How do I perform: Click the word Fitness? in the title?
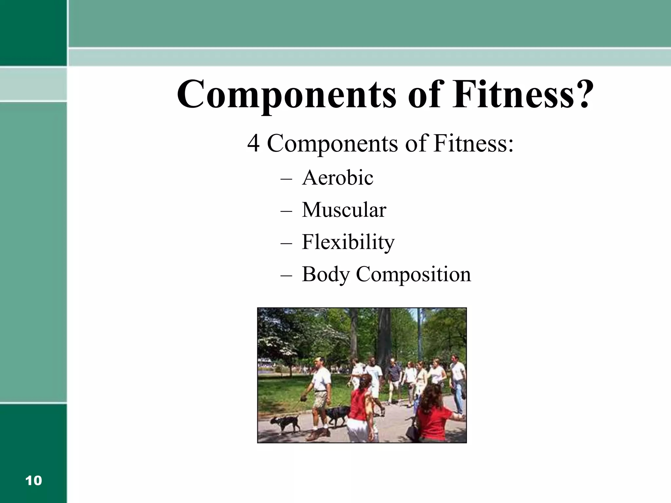[523, 94]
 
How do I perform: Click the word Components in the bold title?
[287, 94]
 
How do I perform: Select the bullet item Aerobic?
[337, 178]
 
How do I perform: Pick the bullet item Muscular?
[344, 210]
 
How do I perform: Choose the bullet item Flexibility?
[348, 242]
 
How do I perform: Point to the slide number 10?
[33, 481]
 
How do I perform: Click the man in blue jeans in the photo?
[457, 383]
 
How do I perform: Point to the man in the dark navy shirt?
[394, 377]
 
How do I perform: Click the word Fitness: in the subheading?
[473, 143]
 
